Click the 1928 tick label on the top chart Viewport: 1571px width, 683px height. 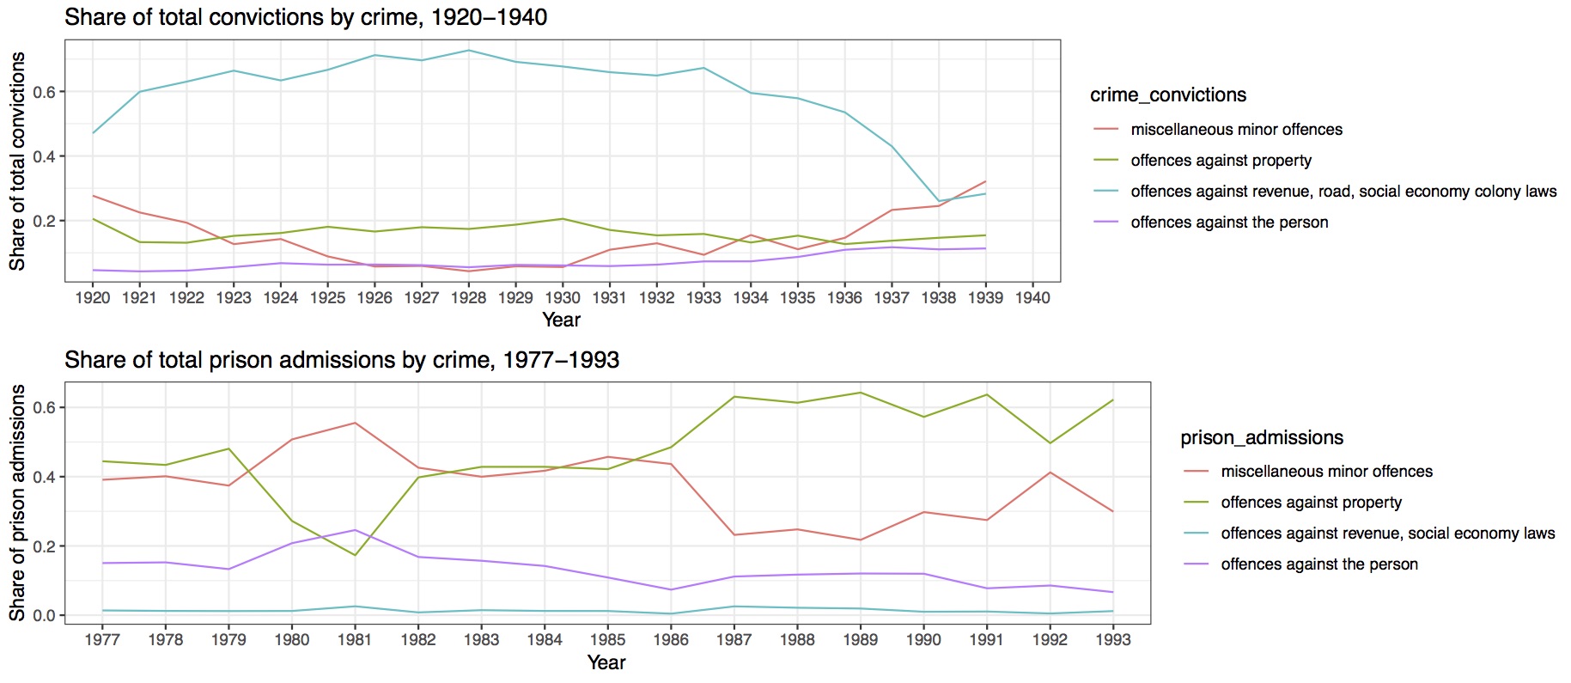point(468,297)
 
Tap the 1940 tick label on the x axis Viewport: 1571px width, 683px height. point(1032,297)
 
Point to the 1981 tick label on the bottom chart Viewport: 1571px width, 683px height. point(355,639)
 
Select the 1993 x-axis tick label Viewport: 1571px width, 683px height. point(1113,639)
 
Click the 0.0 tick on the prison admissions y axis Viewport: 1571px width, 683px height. point(44,615)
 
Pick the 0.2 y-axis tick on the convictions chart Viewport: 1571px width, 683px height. point(44,221)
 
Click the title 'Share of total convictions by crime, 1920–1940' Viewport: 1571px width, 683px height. point(306,17)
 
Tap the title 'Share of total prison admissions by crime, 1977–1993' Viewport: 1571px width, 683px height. point(342,360)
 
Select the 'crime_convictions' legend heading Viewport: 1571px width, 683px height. point(1168,95)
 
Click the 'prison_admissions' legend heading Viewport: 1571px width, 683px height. point(1262,438)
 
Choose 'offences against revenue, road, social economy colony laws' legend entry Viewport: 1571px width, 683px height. point(1343,192)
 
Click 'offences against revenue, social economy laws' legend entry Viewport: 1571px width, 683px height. point(1388,534)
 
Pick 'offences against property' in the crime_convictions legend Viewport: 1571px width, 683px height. point(1221,161)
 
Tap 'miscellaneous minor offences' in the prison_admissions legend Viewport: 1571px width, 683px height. point(1326,472)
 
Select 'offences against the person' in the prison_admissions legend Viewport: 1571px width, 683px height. point(1319,564)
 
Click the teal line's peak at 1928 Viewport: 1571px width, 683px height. point(468,50)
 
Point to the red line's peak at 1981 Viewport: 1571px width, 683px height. point(355,423)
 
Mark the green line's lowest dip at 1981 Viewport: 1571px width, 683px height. point(355,555)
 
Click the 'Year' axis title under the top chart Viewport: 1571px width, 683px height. point(562,320)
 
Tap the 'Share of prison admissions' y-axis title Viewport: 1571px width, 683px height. point(17,503)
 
